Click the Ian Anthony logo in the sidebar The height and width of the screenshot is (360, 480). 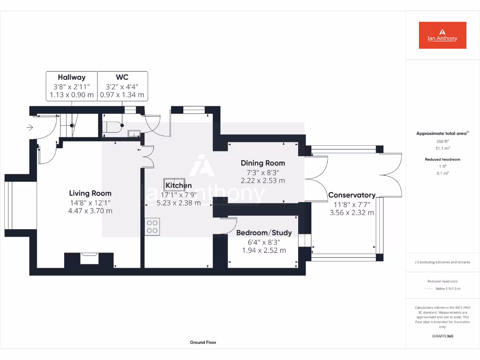[x=442, y=35]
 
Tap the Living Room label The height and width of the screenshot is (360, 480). [x=90, y=193]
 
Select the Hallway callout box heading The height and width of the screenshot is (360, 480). [x=72, y=77]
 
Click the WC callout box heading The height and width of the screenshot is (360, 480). [x=122, y=77]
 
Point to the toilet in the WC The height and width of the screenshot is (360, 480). [x=111, y=126]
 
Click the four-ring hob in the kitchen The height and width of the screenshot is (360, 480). [x=152, y=226]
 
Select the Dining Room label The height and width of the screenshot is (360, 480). [x=262, y=163]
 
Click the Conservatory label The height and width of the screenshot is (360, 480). [x=352, y=195]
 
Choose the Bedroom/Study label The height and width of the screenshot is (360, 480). [x=264, y=232]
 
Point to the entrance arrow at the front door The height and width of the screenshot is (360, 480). [x=30, y=127]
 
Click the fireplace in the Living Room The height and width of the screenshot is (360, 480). [x=88, y=258]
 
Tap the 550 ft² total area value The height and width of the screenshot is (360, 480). [x=442, y=141]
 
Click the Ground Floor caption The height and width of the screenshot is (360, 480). [x=203, y=343]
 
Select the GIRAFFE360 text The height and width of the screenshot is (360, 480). [x=442, y=336]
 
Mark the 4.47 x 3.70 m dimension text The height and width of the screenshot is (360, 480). [x=90, y=211]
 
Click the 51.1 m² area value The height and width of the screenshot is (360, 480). [x=442, y=148]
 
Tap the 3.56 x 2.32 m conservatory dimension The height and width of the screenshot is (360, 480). [x=352, y=212]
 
